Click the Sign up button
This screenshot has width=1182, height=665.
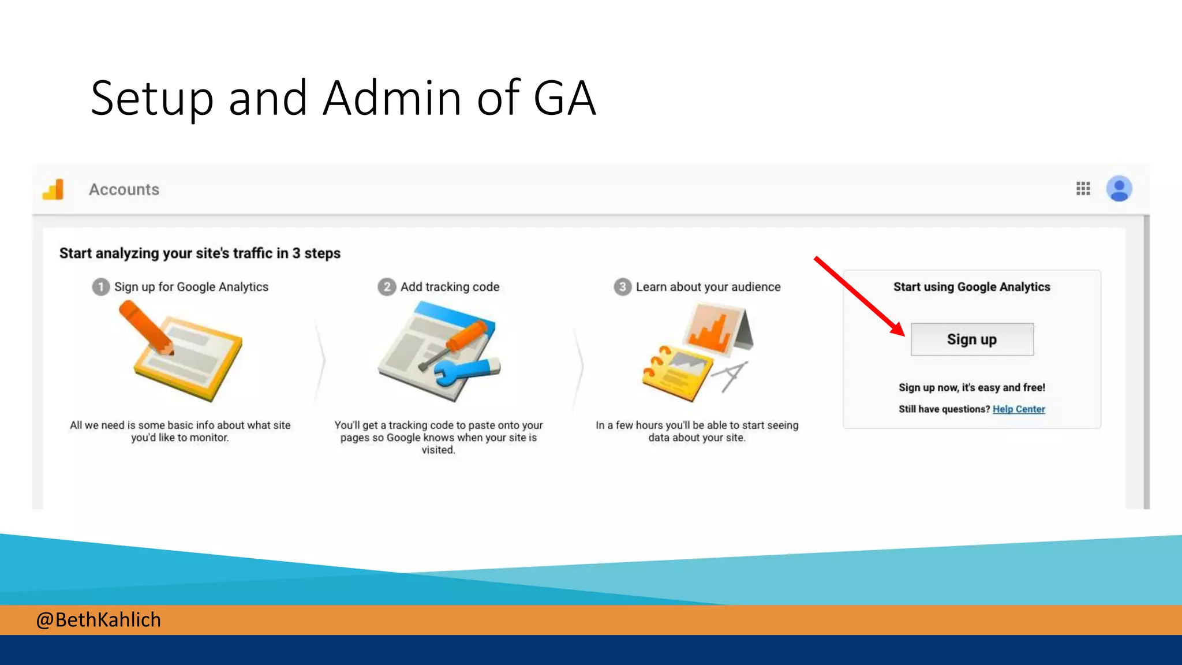972,339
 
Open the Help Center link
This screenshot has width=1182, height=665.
1019,409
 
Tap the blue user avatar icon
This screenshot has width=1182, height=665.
1119,189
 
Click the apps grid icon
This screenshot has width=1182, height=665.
1083,189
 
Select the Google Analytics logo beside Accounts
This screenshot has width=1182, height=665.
54,189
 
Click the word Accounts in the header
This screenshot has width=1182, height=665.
124,189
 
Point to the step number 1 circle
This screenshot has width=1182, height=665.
101,287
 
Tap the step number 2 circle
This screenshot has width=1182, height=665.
387,287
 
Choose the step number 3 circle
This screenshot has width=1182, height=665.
622,287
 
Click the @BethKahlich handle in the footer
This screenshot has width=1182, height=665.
99,619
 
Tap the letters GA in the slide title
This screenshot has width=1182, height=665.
564,98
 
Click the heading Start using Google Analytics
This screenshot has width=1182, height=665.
972,287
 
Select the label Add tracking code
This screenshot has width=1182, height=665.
450,287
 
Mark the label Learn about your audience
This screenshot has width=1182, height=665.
708,287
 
